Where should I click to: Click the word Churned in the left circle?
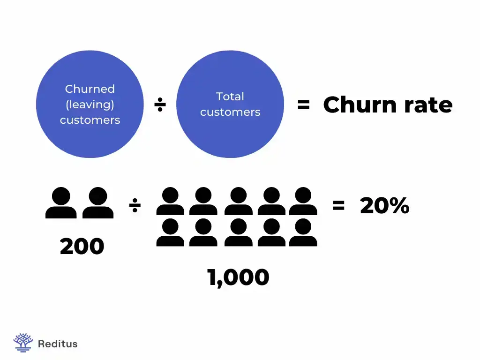click(x=90, y=89)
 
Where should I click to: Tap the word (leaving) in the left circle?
click(x=90, y=104)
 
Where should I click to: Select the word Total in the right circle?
click(x=230, y=97)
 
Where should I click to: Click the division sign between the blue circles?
click(x=160, y=105)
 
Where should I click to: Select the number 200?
click(x=82, y=247)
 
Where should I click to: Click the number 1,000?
click(x=238, y=277)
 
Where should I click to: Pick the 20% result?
click(x=384, y=205)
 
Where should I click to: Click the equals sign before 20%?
click(x=338, y=205)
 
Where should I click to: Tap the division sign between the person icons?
click(x=135, y=205)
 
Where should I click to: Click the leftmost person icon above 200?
click(x=61, y=203)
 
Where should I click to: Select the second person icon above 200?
click(x=98, y=203)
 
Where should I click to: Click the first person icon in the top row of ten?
click(x=170, y=202)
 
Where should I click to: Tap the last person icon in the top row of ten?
click(x=303, y=202)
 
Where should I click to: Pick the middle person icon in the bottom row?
click(x=238, y=233)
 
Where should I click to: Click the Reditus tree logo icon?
click(x=23, y=343)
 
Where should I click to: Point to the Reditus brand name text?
click(x=57, y=344)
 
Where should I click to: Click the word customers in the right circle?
click(x=230, y=112)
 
